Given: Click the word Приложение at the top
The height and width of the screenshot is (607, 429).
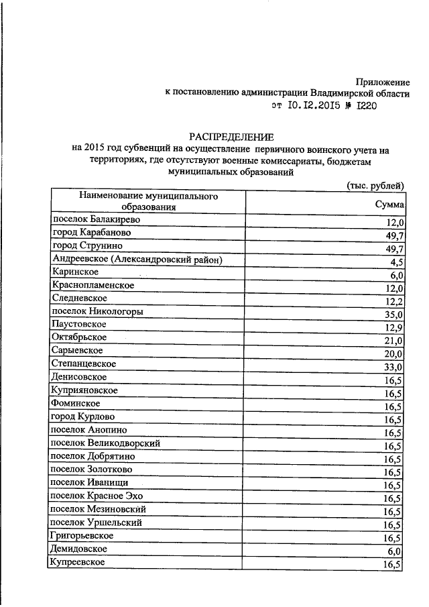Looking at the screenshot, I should [383, 81].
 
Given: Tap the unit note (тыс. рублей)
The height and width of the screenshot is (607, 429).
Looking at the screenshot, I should [375, 185].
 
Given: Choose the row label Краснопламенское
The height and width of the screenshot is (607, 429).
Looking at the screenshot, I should [93, 285].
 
